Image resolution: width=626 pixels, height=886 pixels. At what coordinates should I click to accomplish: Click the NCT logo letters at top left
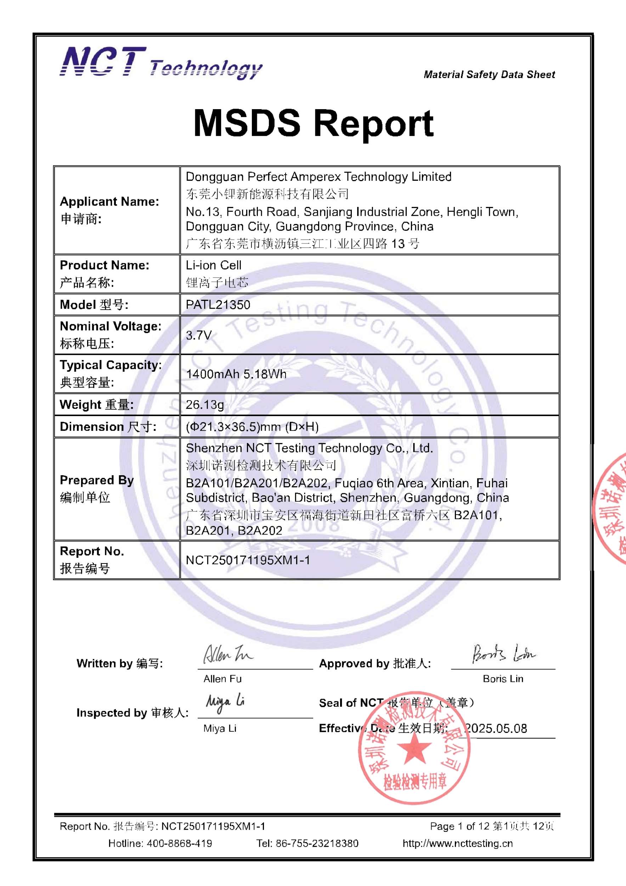(103, 62)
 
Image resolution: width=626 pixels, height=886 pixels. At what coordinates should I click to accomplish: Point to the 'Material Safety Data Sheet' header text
(489, 74)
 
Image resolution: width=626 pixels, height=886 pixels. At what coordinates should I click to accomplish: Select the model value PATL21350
(218, 305)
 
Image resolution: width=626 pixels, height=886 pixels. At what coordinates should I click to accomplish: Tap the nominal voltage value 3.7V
(199, 335)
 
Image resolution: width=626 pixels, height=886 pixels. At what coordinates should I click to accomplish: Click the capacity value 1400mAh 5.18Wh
(236, 374)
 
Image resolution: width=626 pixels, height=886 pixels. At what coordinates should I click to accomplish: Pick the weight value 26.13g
(205, 404)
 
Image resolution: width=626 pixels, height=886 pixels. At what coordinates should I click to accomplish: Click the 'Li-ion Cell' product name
(214, 265)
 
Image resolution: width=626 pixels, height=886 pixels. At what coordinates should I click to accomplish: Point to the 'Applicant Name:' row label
(109, 201)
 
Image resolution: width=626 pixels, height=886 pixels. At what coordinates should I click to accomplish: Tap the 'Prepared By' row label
(97, 480)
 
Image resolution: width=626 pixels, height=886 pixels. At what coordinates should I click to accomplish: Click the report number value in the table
(248, 560)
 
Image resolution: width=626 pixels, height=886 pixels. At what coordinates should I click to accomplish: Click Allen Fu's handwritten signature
(227, 654)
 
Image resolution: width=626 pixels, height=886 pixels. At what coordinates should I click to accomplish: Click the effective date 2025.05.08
(496, 728)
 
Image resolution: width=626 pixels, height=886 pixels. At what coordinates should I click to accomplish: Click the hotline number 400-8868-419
(179, 843)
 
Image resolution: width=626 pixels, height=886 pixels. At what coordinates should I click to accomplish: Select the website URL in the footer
(457, 843)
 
